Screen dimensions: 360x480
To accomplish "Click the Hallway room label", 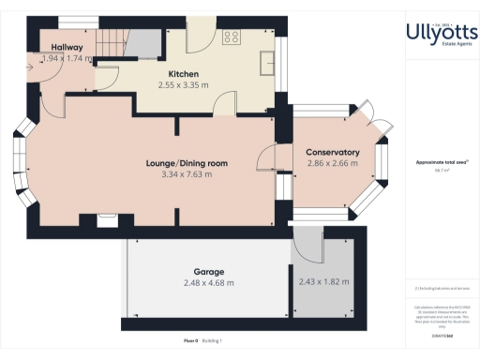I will click(67, 47).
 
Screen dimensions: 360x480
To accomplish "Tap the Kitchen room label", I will click(184, 74).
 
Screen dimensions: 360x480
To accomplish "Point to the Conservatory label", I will click(333, 152).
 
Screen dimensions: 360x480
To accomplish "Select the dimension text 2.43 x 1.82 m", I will click(323, 281).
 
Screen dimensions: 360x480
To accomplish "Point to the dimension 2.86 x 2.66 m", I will click(333, 163).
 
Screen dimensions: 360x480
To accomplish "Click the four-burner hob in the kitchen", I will click(232, 38).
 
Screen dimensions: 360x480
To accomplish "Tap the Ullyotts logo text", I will click(437, 35).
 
